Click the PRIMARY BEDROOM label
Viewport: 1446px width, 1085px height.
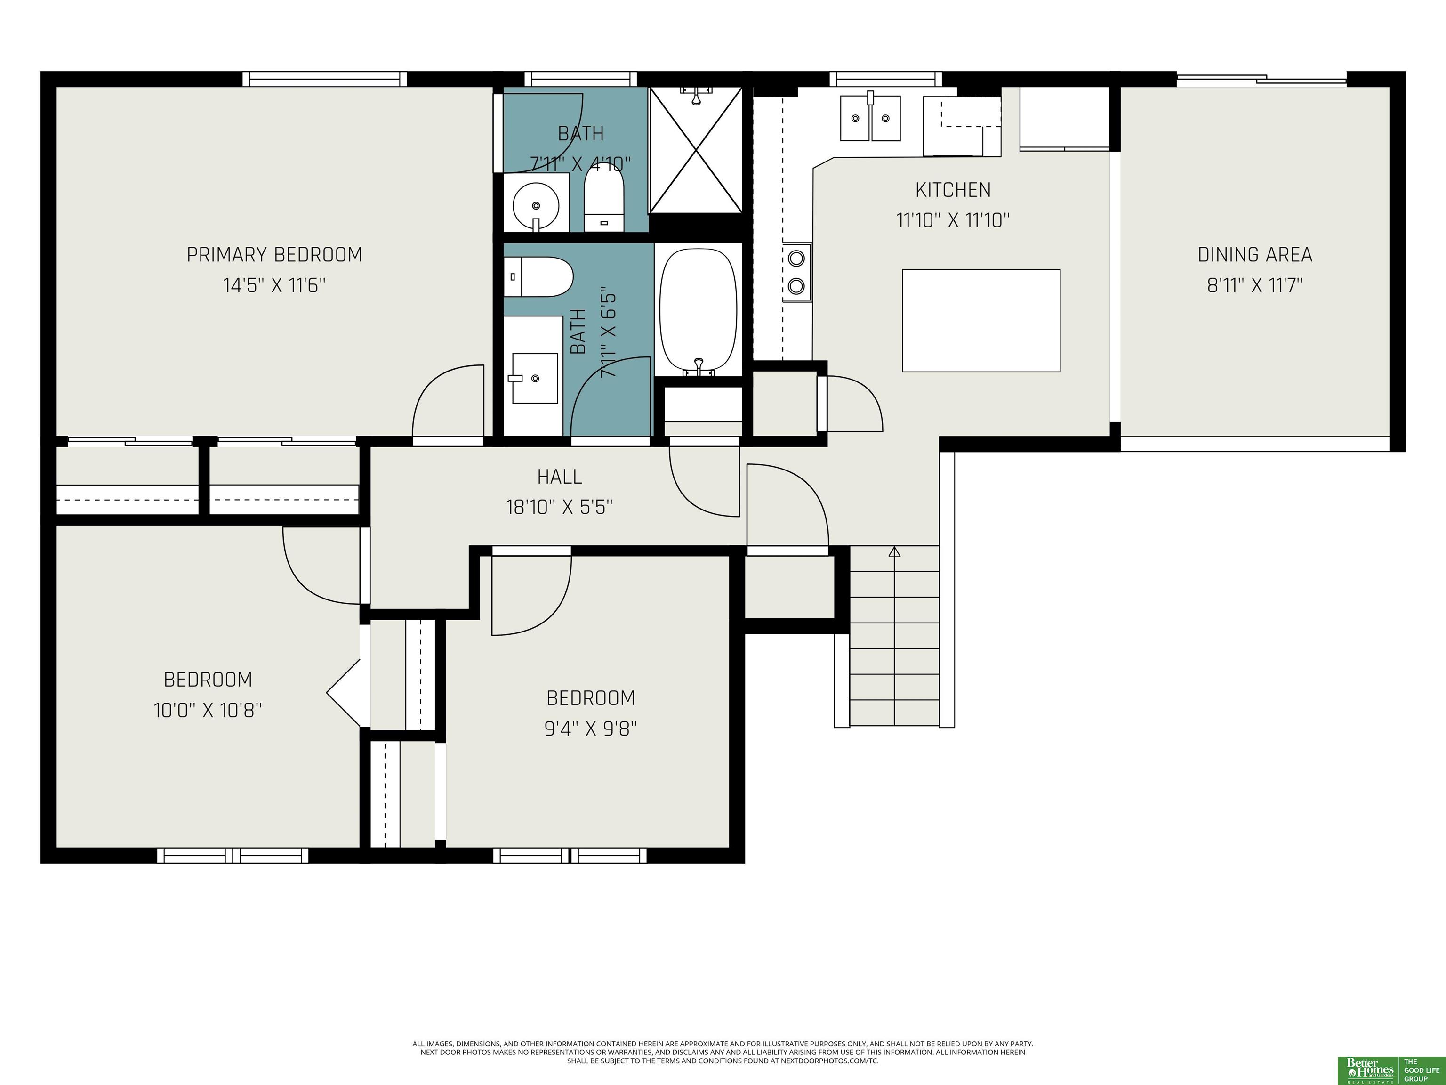point(274,254)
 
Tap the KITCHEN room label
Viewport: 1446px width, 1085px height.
point(953,190)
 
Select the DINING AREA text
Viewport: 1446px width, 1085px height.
point(1255,254)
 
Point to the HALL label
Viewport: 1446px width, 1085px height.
point(560,477)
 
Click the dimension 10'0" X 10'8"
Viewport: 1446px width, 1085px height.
point(208,710)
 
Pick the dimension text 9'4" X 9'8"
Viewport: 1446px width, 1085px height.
point(591,729)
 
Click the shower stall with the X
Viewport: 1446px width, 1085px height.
point(696,150)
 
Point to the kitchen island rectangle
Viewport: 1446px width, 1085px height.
point(981,321)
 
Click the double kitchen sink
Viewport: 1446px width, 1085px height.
point(870,118)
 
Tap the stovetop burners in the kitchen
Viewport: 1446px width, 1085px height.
point(796,272)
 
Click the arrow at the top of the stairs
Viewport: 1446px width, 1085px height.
point(894,551)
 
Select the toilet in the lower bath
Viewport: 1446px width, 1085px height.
point(538,276)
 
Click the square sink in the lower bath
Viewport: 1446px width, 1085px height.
point(535,378)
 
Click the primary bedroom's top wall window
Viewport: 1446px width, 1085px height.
point(325,79)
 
